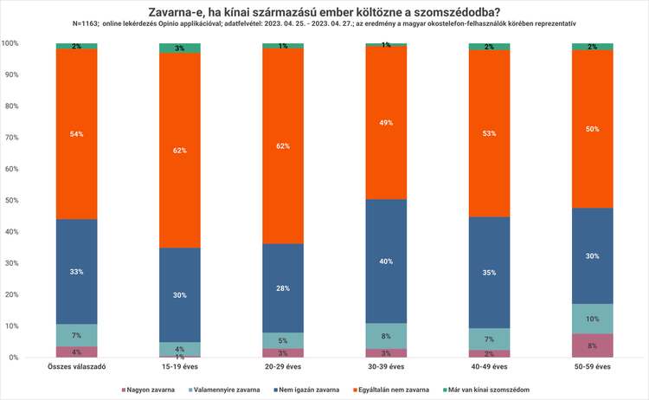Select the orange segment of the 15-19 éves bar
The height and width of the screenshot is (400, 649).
(x=180, y=151)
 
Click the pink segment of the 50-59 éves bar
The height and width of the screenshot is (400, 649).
(x=592, y=345)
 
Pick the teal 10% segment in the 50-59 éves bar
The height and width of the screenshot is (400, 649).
(x=592, y=319)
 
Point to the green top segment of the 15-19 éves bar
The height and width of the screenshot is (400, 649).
(x=180, y=48)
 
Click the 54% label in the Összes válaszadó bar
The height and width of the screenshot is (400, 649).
(x=77, y=134)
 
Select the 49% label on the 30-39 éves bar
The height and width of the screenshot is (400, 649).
(x=386, y=123)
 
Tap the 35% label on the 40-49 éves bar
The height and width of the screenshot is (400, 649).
(x=489, y=271)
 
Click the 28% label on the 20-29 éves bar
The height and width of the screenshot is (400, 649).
(x=283, y=287)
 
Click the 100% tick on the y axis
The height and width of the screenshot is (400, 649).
(x=11, y=43)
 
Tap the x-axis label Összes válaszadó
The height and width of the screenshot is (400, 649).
(x=77, y=367)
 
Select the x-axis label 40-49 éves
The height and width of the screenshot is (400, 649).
(x=489, y=367)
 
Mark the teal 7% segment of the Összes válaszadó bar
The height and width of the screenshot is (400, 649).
(x=77, y=335)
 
